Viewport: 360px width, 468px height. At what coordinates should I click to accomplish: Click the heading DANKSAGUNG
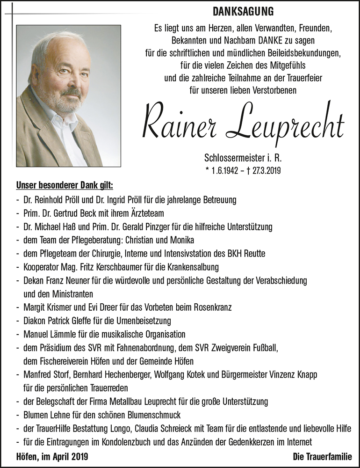pyautogui.click(x=243, y=10)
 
